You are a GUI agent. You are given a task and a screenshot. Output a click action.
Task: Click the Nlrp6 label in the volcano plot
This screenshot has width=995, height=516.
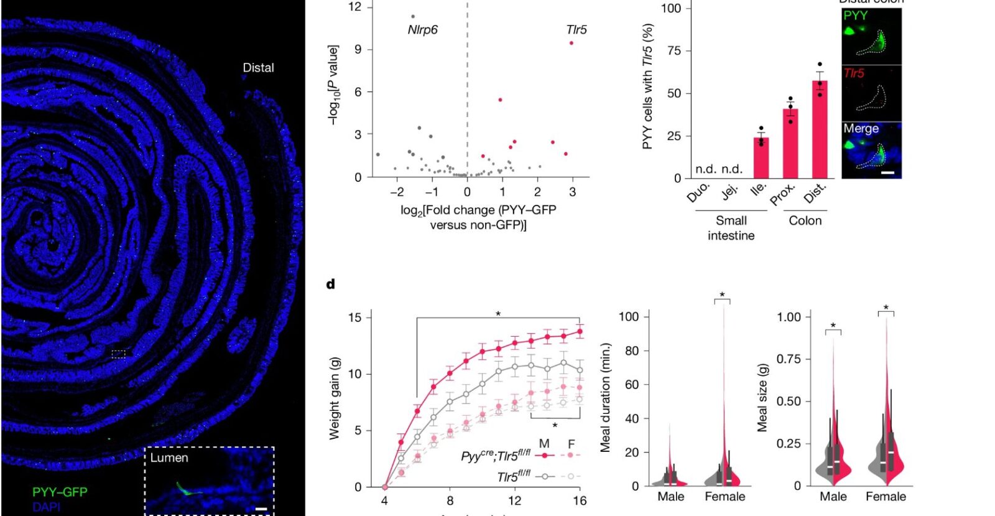(x=422, y=30)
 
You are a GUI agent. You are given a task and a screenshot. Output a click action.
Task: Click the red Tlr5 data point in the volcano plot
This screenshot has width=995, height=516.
(x=572, y=43)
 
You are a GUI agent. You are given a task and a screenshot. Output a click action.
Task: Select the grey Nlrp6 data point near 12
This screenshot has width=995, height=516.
(x=413, y=17)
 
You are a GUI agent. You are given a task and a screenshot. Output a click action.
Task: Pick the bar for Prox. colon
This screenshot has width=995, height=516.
(x=790, y=144)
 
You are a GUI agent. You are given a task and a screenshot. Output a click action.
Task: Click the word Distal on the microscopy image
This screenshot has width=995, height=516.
(x=258, y=68)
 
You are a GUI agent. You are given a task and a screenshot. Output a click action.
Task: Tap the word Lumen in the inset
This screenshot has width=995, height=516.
(x=169, y=458)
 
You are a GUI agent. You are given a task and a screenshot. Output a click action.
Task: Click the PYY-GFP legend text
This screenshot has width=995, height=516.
(x=60, y=492)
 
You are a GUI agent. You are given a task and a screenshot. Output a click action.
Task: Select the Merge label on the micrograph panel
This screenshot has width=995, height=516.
(x=861, y=129)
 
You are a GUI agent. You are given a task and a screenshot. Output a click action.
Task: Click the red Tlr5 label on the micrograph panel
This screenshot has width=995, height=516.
(x=854, y=73)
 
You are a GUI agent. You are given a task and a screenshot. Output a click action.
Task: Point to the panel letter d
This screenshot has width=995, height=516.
(x=330, y=284)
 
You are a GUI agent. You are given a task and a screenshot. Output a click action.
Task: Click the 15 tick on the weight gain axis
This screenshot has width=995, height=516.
(x=354, y=317)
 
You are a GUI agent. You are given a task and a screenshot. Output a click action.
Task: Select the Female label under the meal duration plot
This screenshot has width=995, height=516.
(x=724, y=497)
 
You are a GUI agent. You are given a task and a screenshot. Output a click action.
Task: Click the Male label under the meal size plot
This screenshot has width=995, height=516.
(x=833, y=497)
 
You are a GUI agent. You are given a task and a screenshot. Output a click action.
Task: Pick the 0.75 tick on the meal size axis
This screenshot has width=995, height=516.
(x=789, y=359)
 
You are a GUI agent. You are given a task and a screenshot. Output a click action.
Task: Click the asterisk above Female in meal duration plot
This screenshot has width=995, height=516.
(x=722, y=295)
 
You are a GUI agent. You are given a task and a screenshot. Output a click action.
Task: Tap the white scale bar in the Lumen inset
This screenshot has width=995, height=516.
(x=261, y=510)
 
